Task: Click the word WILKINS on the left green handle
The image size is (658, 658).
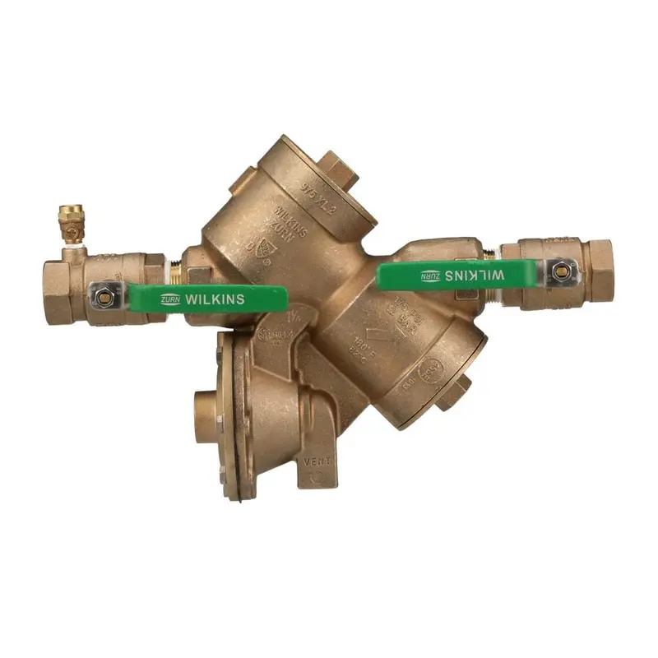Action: click(x=215, y=299)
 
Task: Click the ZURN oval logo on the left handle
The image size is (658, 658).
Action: click(x=171, y=299)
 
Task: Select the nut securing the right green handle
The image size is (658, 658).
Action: click(x=562, y=269)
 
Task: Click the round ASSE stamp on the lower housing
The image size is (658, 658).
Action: click(x=433, y=373)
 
